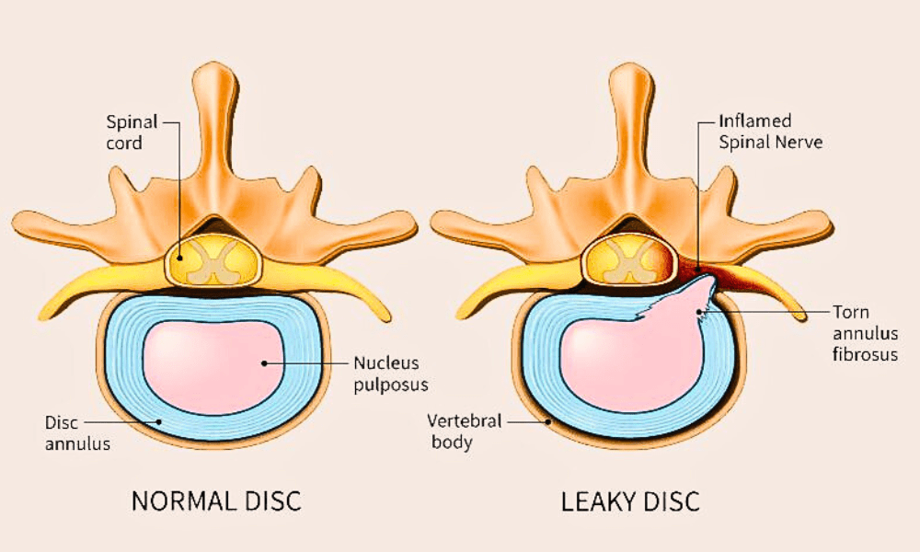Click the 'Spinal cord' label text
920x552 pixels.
click(132, 131)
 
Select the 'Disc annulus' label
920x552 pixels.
click(78, 433)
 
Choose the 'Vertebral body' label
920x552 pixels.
click(464, 431)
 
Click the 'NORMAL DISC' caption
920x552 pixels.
click(216, 501)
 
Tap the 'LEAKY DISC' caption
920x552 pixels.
click(630, 501)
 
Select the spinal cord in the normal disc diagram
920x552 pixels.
click(213, 261)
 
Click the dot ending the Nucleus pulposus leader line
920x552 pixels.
click(265, 362)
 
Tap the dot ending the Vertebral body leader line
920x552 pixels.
click(550, 421)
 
